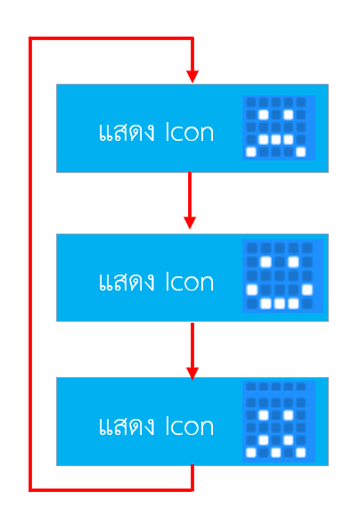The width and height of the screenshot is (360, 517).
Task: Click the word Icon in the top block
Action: (190, 132)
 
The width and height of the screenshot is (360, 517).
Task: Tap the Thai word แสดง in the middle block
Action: (127, 282)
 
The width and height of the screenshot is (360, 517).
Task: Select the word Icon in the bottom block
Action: (190, 426)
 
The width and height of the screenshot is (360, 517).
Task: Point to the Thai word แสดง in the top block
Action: (127, 132)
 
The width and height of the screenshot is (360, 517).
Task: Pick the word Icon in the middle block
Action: (190, 282)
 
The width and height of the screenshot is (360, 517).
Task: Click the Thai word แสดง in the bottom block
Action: (127, 426)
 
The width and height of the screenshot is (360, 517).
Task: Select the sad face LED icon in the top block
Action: (279, 127)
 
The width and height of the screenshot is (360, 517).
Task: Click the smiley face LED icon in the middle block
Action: (282, 275)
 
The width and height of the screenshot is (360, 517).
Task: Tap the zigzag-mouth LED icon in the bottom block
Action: (279, 422)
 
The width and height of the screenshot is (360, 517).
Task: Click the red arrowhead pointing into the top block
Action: (192, 77)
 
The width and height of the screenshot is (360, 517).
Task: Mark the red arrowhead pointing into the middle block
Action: (190, 223)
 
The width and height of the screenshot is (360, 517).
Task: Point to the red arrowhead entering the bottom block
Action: (192, 373)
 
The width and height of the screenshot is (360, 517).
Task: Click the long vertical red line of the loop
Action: (30, 265)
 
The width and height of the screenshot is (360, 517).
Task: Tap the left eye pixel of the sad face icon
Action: (264, 115)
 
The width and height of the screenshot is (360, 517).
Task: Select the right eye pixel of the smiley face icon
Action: (293, 262)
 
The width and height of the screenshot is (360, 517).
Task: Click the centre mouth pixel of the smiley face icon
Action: (280, 303)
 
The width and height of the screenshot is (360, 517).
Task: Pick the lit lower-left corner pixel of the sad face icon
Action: (251, 152)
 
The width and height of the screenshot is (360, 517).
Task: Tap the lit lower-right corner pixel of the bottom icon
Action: (300, 453)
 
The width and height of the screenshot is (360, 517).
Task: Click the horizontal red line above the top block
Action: (111, 38)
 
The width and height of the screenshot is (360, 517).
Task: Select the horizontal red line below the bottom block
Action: (111, 490)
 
